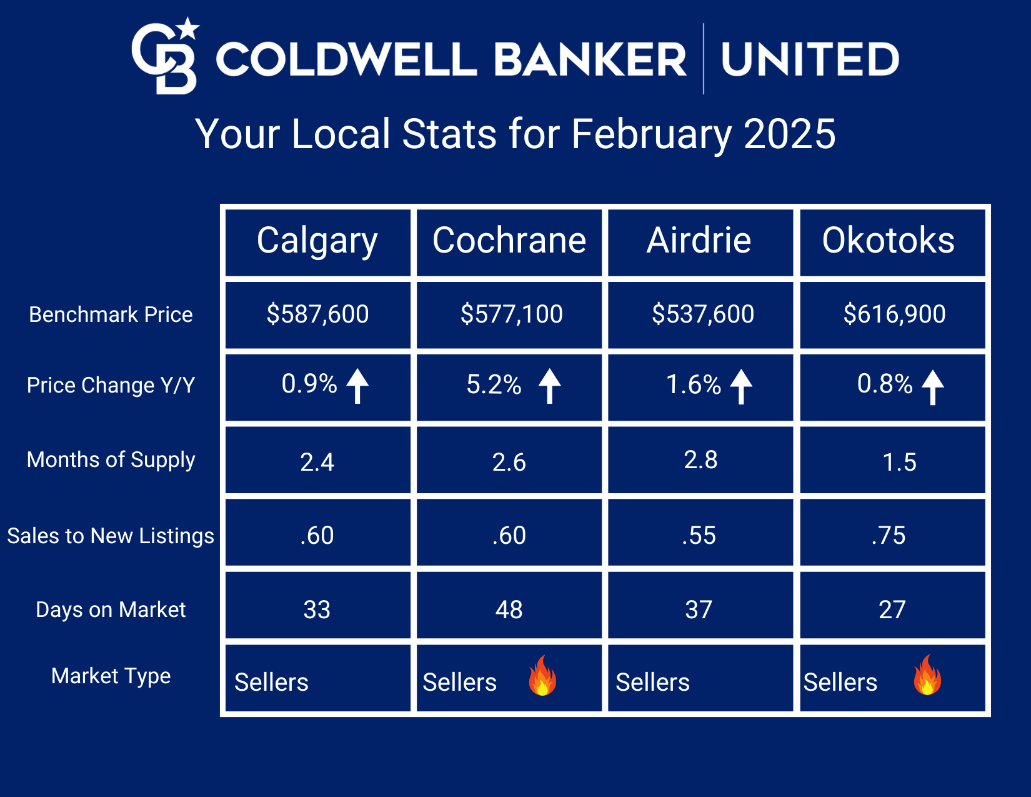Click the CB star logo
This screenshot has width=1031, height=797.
click(x=165, y=56)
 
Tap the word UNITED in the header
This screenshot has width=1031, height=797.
click(x=810, y=59)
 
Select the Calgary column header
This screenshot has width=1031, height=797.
click(x=317, y=241)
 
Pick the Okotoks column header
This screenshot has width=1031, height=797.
click(x=888, y=241)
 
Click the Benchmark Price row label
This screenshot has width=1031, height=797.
click(x=111, y=314)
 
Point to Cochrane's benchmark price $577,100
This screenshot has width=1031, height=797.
click(x=512, y=314)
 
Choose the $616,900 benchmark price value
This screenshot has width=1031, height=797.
click(x=894, y=314)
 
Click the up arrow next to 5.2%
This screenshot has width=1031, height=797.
click(x=549, y=386)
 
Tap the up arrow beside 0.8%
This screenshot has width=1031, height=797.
click(x=932, y=387)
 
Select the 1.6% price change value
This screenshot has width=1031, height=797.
click(x=693, y=384)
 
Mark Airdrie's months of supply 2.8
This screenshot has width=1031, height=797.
click(x=701, y=459)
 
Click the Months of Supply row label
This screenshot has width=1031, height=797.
click(x=111, y=460)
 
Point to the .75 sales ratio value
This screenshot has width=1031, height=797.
click(x=888, y=536)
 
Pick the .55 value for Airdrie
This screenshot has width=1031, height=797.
click(x=699, y=536)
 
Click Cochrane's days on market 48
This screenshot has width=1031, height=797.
click(x=509, y=609)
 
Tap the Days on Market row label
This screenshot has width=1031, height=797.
click(x=111, y=609)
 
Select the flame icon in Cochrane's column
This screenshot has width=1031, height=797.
click(x=542, y=676)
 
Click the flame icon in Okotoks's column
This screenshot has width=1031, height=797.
click(x=927, y=674)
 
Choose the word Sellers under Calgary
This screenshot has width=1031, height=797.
click(x=271, y=682)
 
